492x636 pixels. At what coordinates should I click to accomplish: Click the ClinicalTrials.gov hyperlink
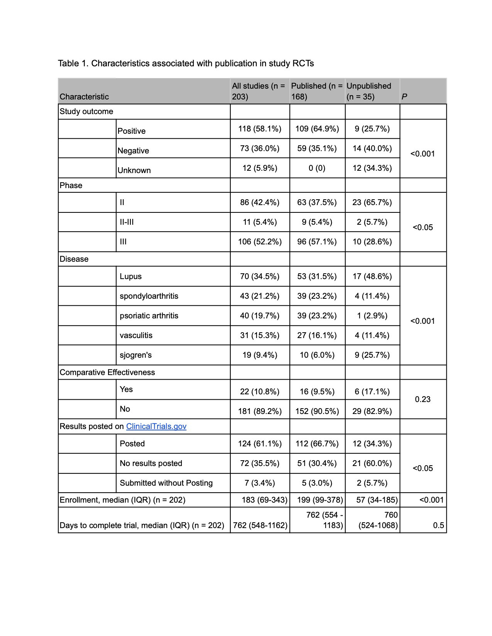156,426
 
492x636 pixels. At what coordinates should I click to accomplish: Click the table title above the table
186,63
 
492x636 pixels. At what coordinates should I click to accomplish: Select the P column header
404,97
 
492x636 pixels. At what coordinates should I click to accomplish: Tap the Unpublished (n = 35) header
369,91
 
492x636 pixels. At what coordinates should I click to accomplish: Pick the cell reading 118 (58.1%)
260,129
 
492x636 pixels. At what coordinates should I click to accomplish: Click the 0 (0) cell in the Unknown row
317,168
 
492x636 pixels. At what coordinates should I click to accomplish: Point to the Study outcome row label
86,111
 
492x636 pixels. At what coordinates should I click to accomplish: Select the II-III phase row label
127,222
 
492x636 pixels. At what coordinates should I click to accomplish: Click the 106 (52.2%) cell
260,242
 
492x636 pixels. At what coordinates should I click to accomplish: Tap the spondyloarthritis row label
149,296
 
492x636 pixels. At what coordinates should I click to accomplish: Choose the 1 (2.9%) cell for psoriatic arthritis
372,316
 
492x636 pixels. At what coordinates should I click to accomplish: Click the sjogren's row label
135,355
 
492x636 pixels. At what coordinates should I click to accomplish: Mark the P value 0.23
423,399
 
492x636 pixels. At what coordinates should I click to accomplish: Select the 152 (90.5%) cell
317,411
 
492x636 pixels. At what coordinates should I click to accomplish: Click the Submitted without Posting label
166,483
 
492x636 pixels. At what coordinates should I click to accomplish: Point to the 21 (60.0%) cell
372,463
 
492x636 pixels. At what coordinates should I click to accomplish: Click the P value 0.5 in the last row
438,525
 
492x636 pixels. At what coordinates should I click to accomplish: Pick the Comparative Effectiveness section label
107,372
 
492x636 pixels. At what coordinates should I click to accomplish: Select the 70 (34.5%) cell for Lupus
260,276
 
